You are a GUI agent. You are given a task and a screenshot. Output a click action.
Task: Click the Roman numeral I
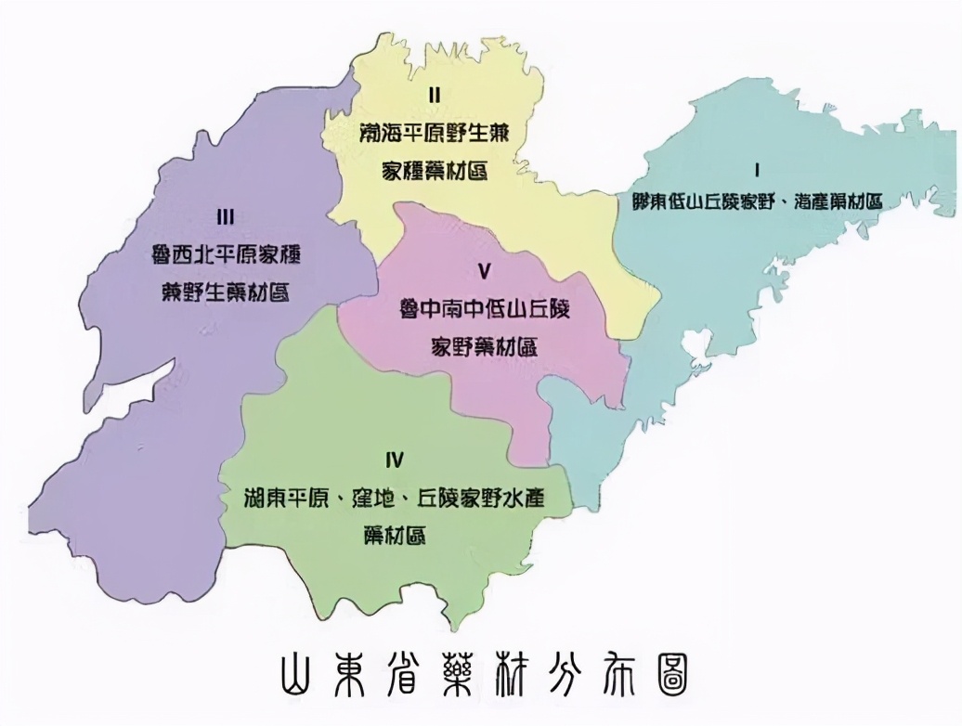pos(758,171)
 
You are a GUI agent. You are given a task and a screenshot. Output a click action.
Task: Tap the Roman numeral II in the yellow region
pos(434,95)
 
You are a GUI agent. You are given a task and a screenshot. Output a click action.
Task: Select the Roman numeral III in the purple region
pos(224,217)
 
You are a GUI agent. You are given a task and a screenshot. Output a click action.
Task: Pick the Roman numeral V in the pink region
pos(483,272)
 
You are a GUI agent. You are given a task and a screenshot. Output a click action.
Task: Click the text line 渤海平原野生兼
pos(434,133)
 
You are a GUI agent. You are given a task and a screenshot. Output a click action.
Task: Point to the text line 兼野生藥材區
pos(226,292)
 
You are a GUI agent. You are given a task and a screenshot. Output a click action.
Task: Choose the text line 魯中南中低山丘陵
pos(484,308)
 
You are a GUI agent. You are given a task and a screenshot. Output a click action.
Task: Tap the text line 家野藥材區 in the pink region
pos(484,347)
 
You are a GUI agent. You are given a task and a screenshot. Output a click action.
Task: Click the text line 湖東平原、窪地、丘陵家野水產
pos(395,499)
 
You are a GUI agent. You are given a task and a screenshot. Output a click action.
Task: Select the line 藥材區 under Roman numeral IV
pos(396,536)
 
